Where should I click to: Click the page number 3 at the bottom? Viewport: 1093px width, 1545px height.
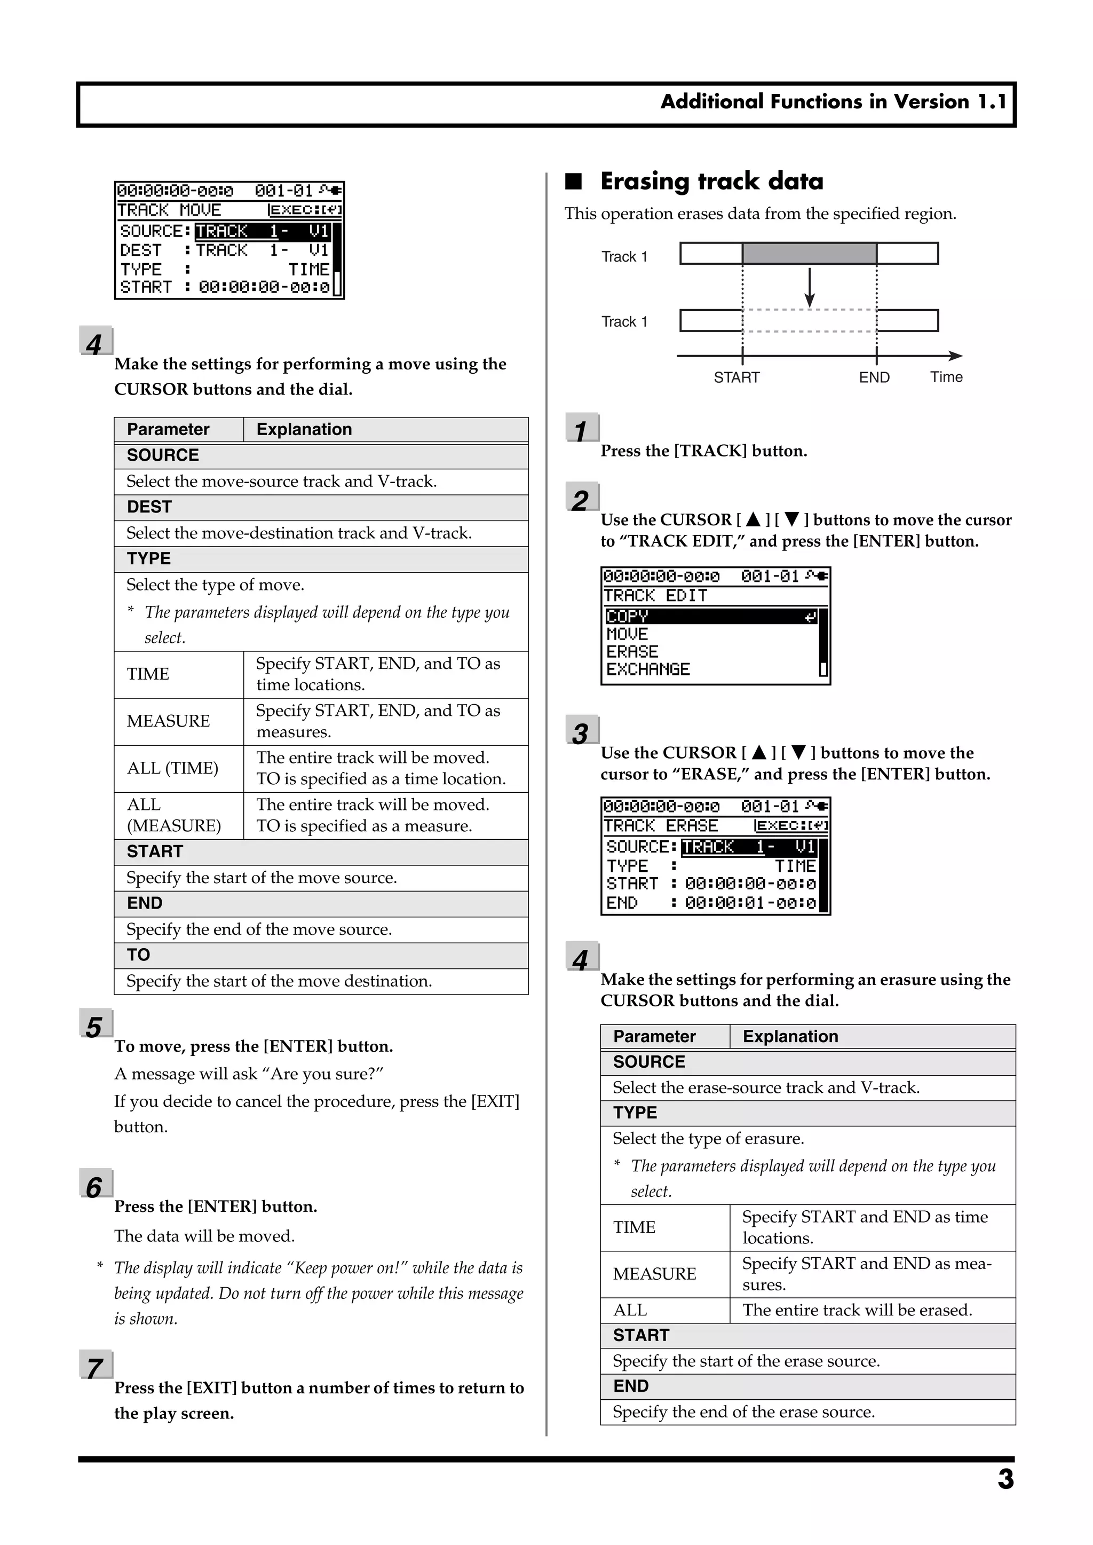tap(1005, 1479)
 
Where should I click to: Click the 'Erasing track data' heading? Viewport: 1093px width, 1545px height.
tap(711, 181)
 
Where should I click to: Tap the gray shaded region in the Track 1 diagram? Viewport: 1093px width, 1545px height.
tap(809, 254)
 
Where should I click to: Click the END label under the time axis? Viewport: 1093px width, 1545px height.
tap(874, 377)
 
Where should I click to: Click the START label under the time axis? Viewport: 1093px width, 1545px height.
tap(736, 377)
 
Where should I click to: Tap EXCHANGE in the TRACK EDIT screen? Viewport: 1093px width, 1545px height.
tap(648, 669)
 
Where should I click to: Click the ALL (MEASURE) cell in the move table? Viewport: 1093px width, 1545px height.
tap(173, 815)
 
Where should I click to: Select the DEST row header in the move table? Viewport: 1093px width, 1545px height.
tap(149, 507)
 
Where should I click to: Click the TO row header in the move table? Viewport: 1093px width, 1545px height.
tap(139, 955)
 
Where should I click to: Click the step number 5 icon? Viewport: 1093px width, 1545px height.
tap(95, 1026)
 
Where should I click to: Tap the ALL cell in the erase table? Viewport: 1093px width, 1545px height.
tap(630, 1310)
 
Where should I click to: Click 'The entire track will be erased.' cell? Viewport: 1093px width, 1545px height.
tap(857, 1310)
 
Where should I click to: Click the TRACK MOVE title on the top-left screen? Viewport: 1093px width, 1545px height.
tap(169, 210)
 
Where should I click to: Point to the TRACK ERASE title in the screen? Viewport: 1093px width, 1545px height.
tap(660, 826)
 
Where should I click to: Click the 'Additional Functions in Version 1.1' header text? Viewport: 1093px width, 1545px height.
tap(833, 101)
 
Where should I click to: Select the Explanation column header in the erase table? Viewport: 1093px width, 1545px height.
tap(790, 1036)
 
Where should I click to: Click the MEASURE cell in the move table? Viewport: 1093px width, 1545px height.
tap(168, 721)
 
